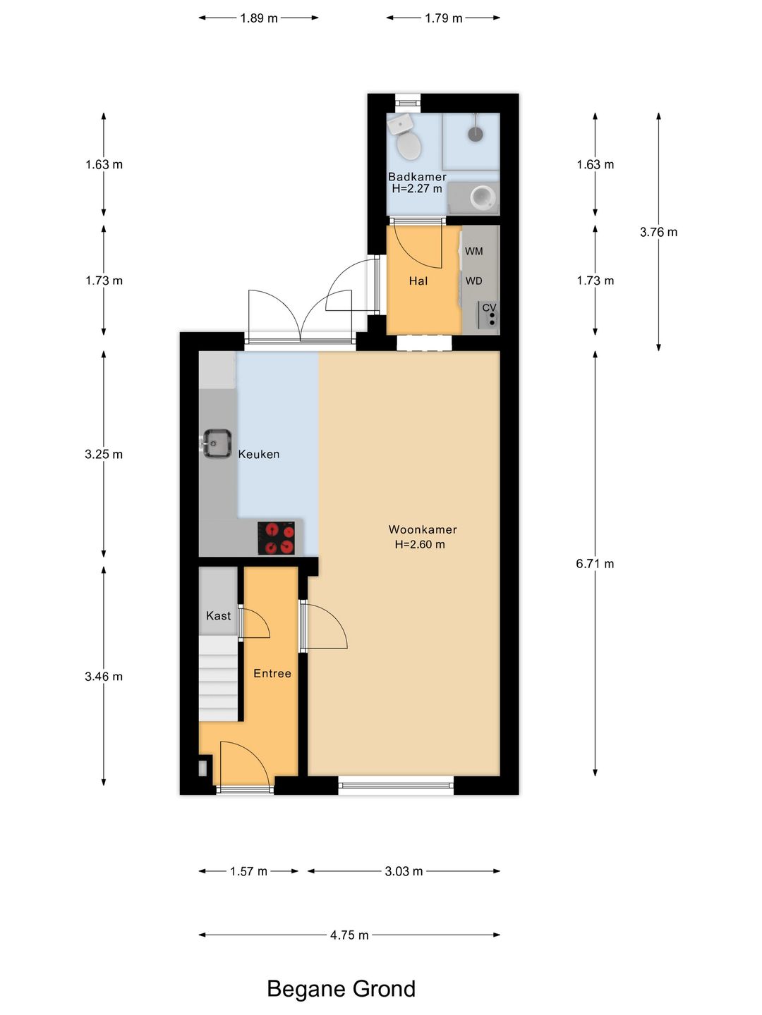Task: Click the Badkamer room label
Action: tap(417, 177)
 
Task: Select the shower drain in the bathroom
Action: tap(475, 134)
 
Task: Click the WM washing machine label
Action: tap(473, 251)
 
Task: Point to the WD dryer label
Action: tap(473, 281)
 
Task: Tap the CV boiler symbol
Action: tap(488, 314)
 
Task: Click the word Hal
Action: tap(418, 281)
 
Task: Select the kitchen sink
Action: tap(217, 444)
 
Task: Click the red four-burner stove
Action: tap(276, 538)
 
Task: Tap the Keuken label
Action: tap(259, 454)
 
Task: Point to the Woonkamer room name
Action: tap(423, 529)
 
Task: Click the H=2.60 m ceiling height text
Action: tap(420, 544)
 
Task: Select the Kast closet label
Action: tap(219, 615)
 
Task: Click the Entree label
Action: tap(272, 673)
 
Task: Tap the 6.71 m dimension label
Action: tap(595, 564)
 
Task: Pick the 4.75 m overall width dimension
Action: tap(349, 935)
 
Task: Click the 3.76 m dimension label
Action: tap(658, 232)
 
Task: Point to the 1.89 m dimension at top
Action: tap(259, 18)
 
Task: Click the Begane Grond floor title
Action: tap(341, 989)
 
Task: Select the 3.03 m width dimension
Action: tap(404, 871)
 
